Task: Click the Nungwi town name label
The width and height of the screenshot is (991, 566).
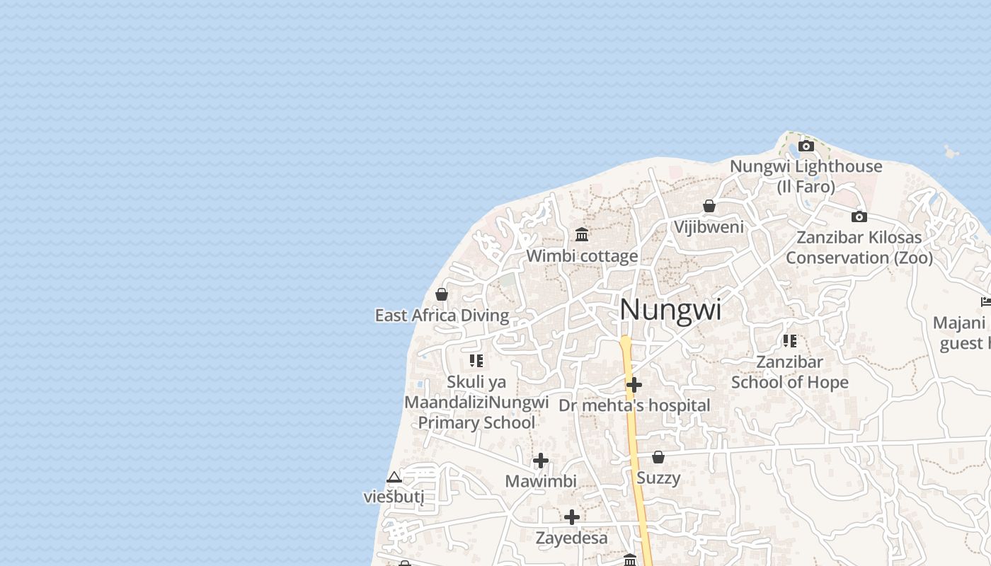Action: tap(670, 310)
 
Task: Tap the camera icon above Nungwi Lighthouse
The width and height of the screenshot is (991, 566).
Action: tap(806, 146)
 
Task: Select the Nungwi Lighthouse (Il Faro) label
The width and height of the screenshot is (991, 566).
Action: tap(806, 176)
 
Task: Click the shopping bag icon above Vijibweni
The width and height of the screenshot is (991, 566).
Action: tap(709, 206)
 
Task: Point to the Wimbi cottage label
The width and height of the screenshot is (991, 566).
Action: tap(582, 255)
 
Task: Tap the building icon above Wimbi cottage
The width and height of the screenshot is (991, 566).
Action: tap(582, 234)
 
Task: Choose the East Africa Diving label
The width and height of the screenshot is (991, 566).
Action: tap(442, 316)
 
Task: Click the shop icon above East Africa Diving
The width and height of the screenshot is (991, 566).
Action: tap(442, 294)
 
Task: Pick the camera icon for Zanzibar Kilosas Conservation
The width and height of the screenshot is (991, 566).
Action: tap(859, 216)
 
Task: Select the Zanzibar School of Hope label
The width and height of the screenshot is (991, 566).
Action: tap(789, 372)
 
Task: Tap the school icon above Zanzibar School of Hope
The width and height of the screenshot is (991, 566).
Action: tap(790, 341)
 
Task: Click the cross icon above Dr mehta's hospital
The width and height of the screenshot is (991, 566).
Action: tap(634, 385)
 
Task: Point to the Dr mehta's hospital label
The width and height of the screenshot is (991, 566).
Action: tap(634, 405)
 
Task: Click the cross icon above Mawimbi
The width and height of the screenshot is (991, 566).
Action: tap(541, 461)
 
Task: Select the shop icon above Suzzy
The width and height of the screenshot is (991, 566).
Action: tap(658, 457)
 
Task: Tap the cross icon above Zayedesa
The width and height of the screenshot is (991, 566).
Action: tap(572, 517)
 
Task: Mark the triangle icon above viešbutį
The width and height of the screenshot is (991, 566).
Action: tap(394, 477)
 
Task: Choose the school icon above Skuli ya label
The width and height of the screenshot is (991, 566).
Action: tap(476, 361)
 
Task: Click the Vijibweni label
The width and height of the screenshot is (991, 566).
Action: tap(709, 227)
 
